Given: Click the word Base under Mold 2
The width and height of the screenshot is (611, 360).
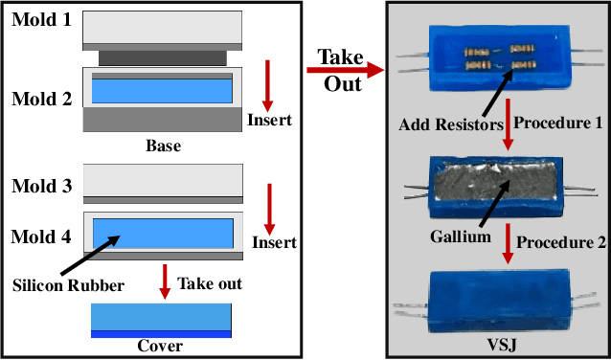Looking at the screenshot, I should pyautogui.click(x=163, y=146).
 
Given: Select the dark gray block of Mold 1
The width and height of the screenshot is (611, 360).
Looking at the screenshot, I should pyautogui.click(x=161, y=58).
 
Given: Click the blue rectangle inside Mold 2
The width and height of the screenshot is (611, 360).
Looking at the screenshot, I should pyautogui.click(x=163, y=92).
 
